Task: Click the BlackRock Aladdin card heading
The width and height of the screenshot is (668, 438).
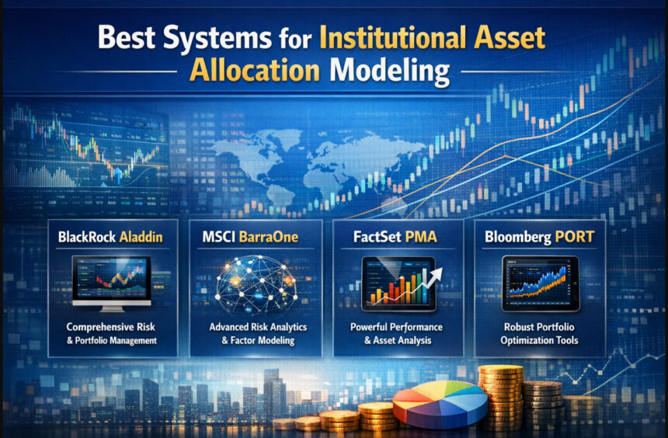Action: pos(110,236)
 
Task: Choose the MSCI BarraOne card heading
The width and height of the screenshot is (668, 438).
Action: pos(255,236)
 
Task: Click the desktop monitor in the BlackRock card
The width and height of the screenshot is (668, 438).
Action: pos(111,282)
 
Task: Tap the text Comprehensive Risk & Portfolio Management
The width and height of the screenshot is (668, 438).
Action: pos(110,333)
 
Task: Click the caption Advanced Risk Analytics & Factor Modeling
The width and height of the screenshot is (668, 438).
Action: pos(255,333)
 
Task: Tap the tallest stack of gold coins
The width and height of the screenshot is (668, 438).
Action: pos(499,396)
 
